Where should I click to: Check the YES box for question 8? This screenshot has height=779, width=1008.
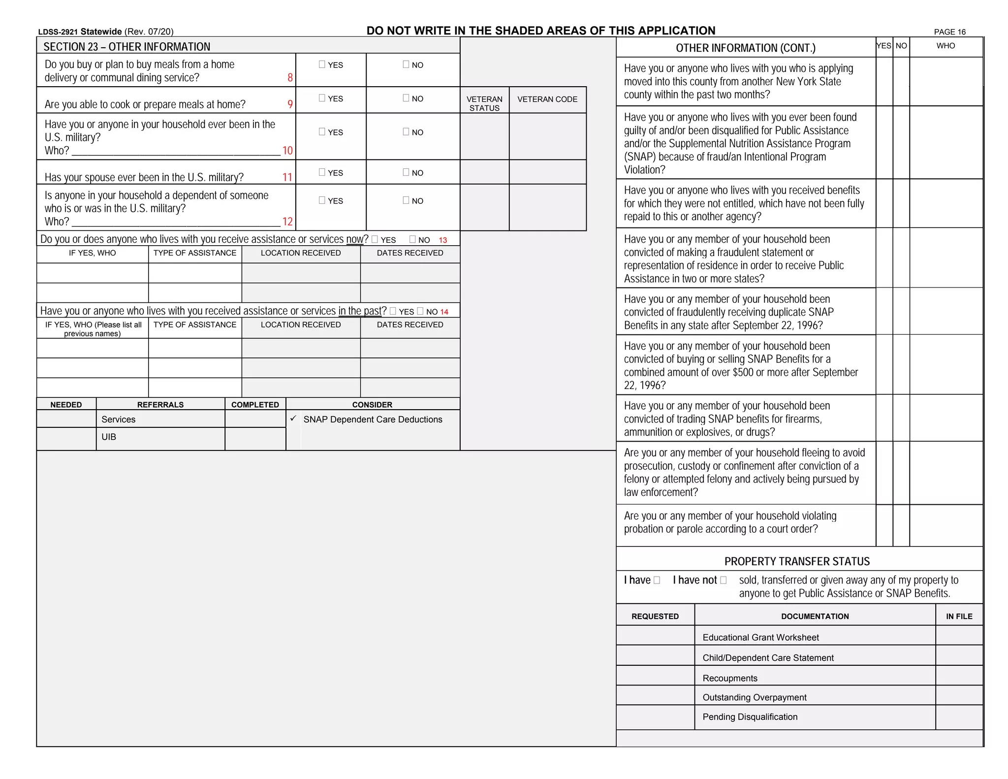point(322,65)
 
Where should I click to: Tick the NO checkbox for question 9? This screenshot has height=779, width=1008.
point(406,98)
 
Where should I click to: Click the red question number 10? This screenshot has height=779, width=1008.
point(287,151)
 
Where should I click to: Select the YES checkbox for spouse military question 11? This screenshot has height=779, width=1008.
point(322,172)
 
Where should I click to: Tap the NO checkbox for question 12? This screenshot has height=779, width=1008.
point(406,200)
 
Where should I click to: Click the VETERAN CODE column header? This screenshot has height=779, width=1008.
point(547,99)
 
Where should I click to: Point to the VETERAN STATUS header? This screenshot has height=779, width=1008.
point(484,103)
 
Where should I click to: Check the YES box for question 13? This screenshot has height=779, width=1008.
point(375,240)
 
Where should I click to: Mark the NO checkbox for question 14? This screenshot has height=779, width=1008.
point(420,311)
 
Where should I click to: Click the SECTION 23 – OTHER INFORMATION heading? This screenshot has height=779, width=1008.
point(126,47)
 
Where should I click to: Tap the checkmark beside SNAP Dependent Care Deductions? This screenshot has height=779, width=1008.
point(293,419)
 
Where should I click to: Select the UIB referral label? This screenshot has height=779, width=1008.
point(109,437)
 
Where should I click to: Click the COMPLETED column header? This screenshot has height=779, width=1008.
point(255,405)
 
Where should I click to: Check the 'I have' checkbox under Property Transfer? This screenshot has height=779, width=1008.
point(657,581)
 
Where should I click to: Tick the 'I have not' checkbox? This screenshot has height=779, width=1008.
point(723,581)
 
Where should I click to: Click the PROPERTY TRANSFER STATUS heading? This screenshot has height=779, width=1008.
point(797,561)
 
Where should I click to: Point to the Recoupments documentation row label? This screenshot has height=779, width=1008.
point(730,678)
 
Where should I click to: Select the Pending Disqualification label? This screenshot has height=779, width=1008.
point(750,717)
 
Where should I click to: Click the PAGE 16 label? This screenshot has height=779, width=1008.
point(949,32)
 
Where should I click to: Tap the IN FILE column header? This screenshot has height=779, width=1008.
point(959,617)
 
